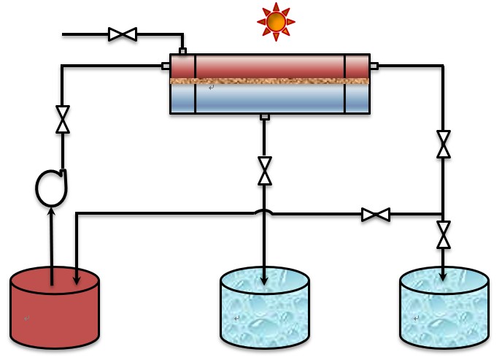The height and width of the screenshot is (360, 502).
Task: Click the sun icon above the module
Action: coord(276,22)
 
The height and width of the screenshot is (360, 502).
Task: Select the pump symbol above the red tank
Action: coord(51,188)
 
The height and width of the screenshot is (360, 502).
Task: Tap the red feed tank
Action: coord(55,307)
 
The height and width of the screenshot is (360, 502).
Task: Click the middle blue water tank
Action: coord(265,307)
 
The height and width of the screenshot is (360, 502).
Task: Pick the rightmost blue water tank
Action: coord(444,307)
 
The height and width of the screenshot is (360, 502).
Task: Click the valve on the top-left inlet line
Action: coord(123,34)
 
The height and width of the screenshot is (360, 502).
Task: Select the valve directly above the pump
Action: coord(63,120)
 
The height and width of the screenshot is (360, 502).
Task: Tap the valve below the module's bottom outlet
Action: coord(265,171)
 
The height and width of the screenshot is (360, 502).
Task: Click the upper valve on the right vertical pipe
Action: coord(443,144)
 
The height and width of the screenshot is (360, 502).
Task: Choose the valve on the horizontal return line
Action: coord(376,215)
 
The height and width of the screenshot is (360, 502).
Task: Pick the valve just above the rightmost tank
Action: coord(443,235)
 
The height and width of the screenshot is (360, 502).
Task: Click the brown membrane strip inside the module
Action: coord(270,81)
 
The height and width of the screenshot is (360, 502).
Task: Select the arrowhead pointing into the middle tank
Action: coord(264,280)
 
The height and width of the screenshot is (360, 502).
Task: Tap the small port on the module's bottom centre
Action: coord(265,117)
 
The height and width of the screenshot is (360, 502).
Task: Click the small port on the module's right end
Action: coord(374,66)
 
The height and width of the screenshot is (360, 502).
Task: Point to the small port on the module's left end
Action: coord(166,66)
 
